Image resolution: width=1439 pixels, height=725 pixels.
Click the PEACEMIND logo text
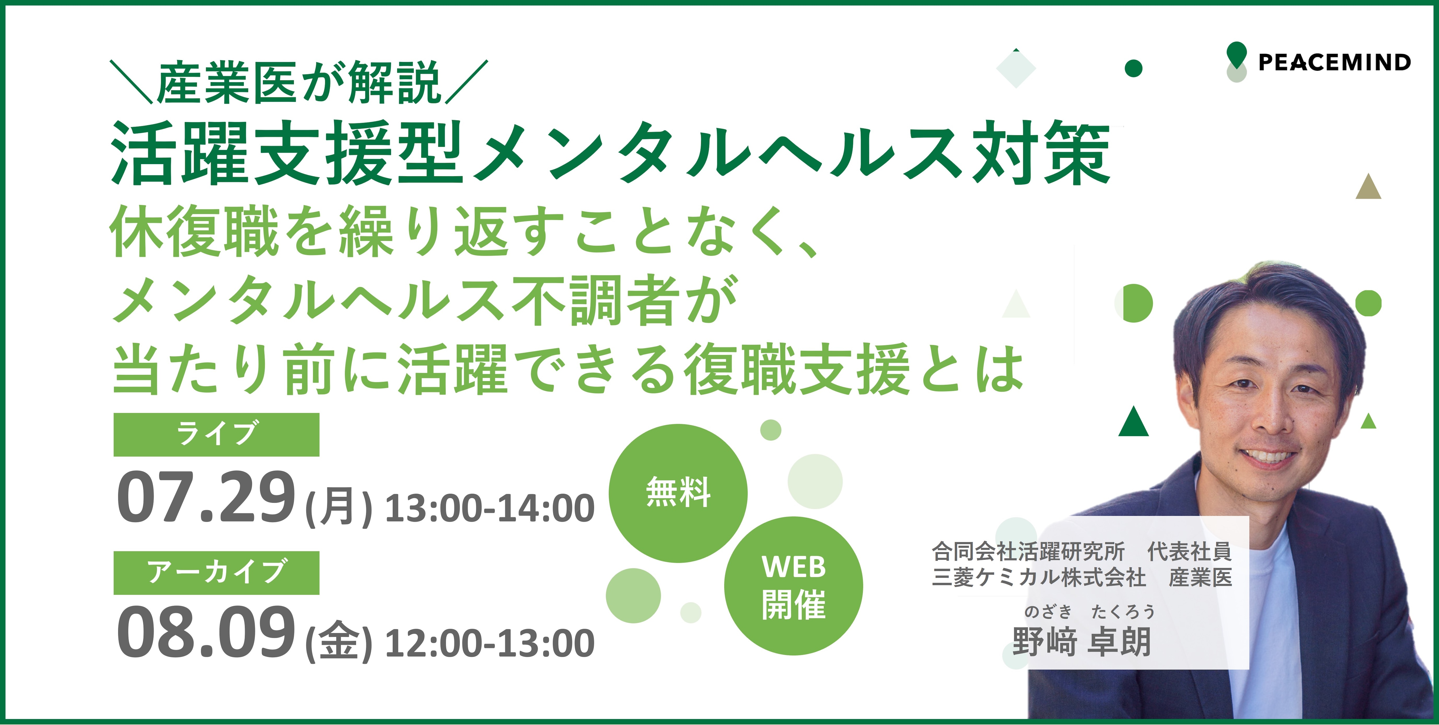pos(1334,62)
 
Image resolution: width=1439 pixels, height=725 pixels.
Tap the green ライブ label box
pos(216,434)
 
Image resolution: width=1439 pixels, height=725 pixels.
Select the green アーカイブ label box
pos(216,572)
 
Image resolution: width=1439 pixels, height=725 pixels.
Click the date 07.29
pos(205,496)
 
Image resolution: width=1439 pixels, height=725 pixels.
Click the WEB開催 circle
pos(793,586)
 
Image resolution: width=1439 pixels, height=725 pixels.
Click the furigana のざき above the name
pos(1048,612)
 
